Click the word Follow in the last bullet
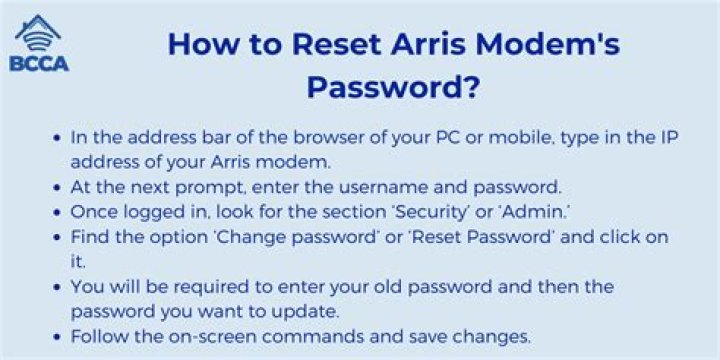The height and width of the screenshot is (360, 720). point(98,335)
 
